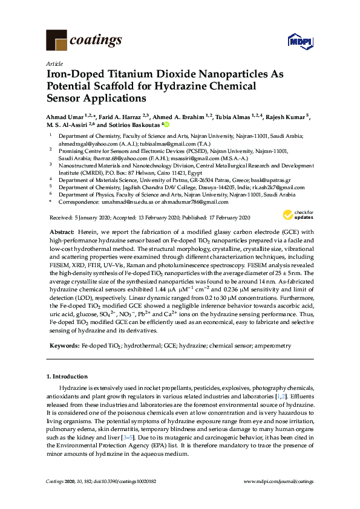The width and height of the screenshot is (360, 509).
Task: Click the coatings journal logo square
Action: (x=56, y=41)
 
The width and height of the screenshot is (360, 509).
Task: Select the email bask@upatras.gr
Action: (x=270, y=180)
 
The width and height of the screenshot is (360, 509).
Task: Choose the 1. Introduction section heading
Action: (x=68, y=377)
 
